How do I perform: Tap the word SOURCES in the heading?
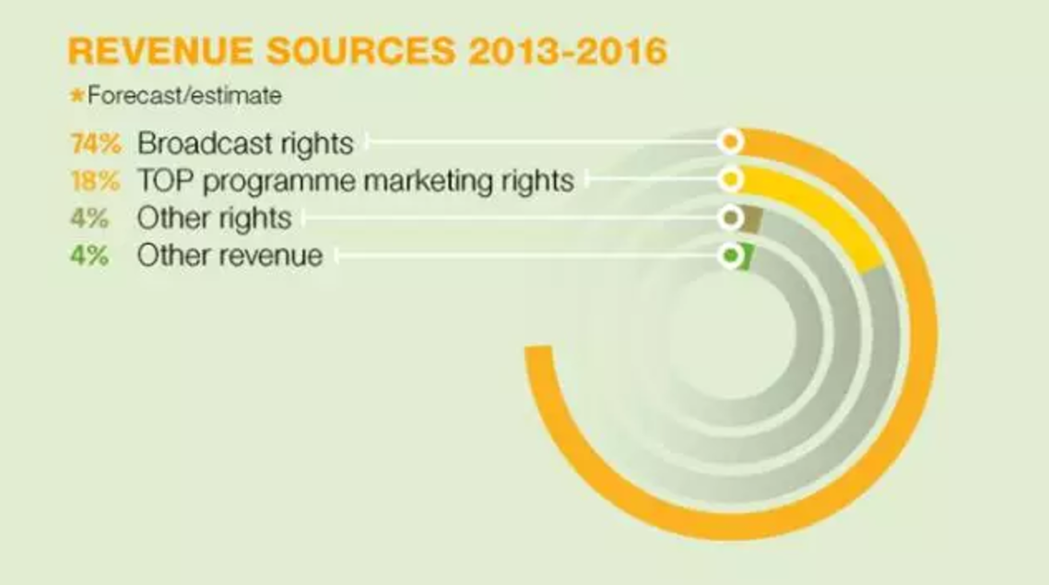(x=360, y=51)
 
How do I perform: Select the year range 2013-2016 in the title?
(x=568, y=51)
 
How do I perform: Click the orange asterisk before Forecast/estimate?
(x=77, y=95)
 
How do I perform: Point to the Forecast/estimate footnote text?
(x=184, y=96)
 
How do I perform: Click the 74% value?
(x=97, y=144)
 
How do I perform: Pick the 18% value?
(x=96, y=181)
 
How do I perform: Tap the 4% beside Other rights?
(x=89, y=218)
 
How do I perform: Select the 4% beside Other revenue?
(x=89, y=256)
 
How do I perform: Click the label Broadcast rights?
(x=245, y=144)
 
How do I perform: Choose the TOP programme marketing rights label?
(x=356, y=182)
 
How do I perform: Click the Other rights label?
(x=215, y=219)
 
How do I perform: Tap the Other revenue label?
(x=230, y=256)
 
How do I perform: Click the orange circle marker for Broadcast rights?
(x=731, y=142)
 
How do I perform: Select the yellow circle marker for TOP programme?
(x=731, y=179)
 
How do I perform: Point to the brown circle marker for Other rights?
(x=731, y=218)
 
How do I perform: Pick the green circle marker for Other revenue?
(x=731, y=256)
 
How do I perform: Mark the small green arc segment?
(x=748, y=257)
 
